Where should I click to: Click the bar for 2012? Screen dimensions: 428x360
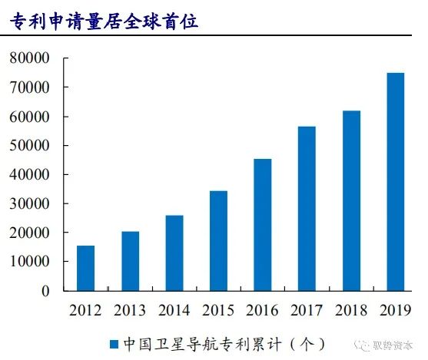tap(86, 268)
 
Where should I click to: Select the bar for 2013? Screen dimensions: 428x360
tap(130, 261)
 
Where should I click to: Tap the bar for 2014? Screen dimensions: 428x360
tap(174, 253)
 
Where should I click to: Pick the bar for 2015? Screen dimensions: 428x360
tap(219, 241)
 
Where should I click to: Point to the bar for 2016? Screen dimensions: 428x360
tap(263, 225)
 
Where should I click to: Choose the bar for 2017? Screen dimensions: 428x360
tap(307, 209)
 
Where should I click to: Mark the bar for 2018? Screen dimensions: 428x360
tap(352, 201)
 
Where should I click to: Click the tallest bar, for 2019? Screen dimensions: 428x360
tap(396, 182)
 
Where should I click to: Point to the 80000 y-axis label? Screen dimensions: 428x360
tap(29, 58)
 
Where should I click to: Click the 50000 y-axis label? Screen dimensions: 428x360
tap(29, 145)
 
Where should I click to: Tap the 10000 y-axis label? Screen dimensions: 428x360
tap(29, 261)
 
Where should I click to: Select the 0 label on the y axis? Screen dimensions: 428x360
tap(45, 291)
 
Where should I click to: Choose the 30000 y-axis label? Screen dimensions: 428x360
tap(29, 203)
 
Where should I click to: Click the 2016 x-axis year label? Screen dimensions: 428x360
tap(262, 310)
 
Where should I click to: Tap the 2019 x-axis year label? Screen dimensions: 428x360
tap(396, 310)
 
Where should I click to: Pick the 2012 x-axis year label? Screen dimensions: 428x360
tap(85, 310)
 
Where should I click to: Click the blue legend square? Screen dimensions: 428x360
tap(114, 344)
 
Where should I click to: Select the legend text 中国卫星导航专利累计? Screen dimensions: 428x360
tap(202, 344)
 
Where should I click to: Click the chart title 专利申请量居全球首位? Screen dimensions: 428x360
tap(105, 21)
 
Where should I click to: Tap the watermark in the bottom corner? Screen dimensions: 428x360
tap(383, 346)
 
